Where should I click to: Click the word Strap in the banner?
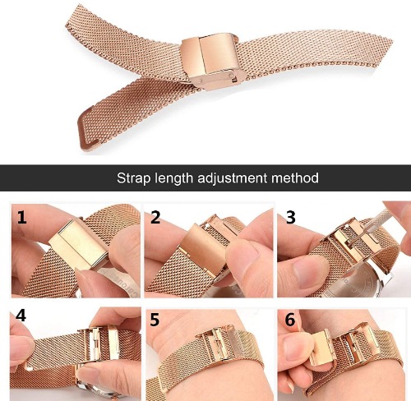133,178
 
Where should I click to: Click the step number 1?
21,218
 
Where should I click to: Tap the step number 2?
155,218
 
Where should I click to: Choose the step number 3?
291,218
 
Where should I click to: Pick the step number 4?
21,316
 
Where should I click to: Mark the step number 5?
155,320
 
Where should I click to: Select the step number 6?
290,320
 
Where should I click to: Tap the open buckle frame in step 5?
215,343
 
